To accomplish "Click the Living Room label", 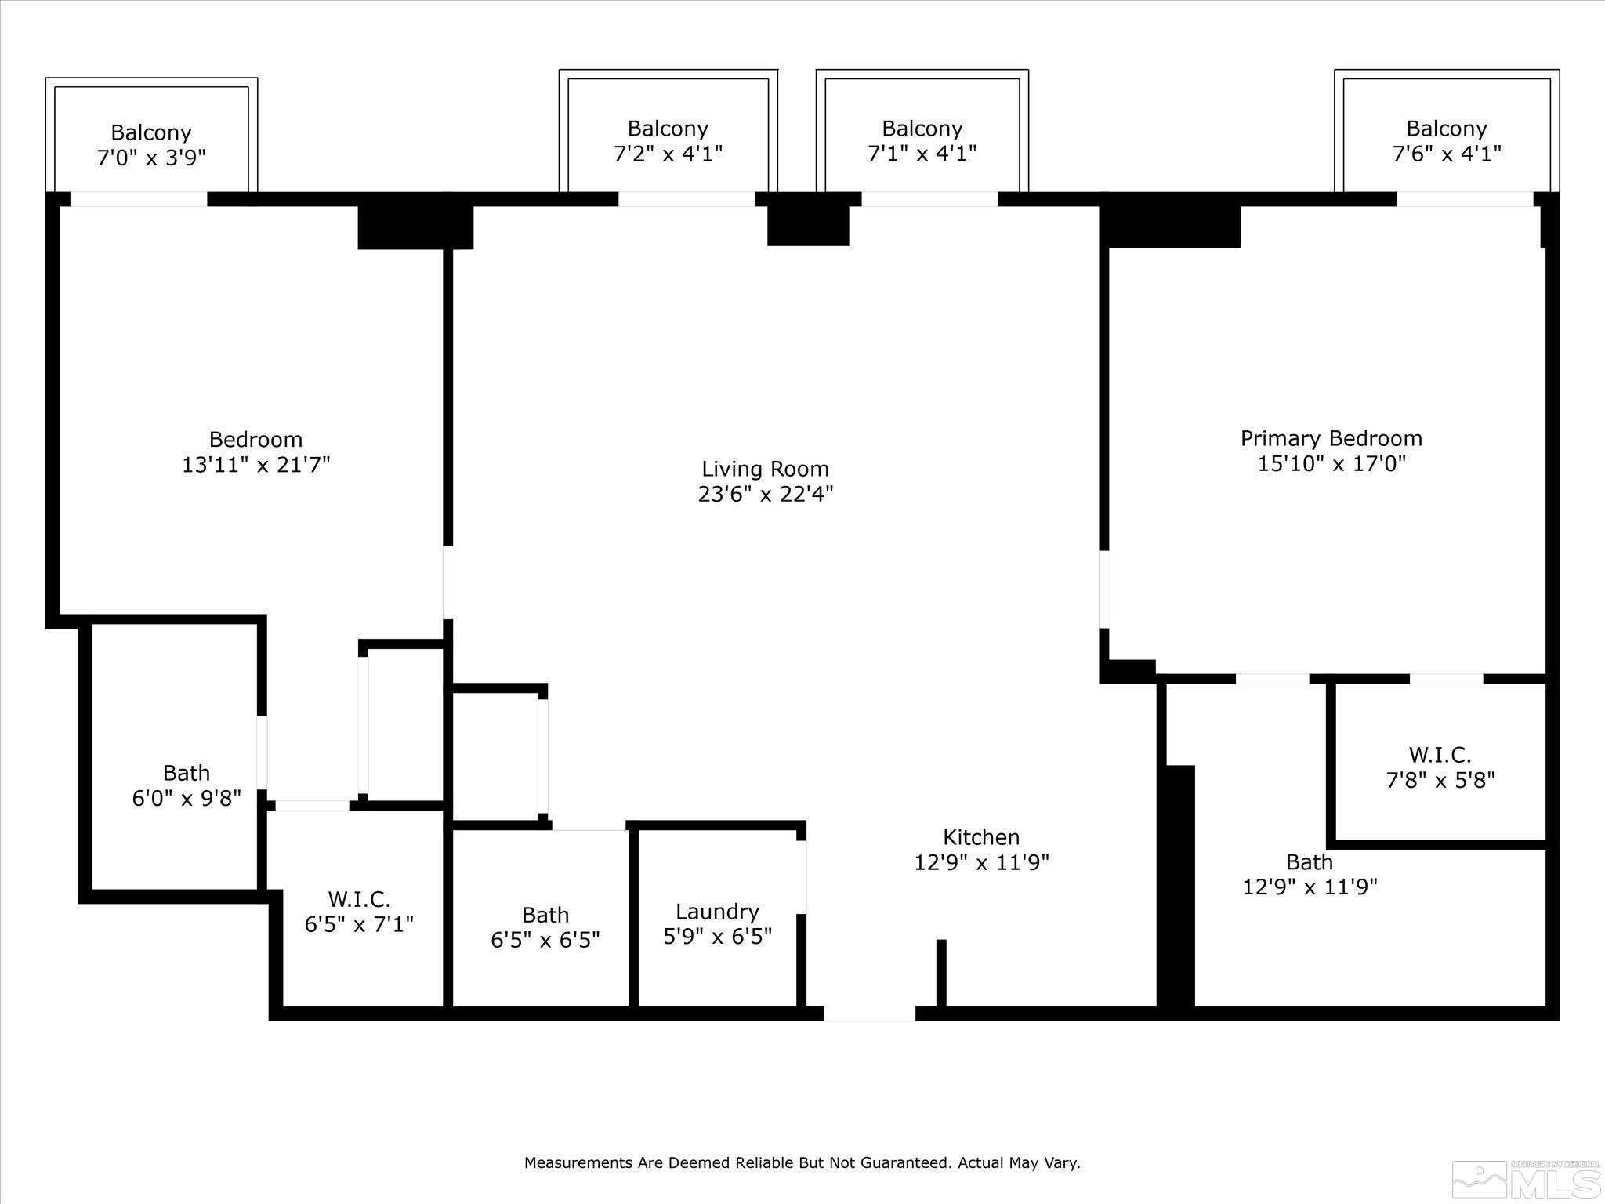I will [765, 469].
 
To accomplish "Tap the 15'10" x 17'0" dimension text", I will [1331, 463].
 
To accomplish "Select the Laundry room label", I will [717, 912].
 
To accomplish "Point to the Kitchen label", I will [981, 837].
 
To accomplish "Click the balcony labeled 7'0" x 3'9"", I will [151, 145].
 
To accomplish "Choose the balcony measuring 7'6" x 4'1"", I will [1447, 140].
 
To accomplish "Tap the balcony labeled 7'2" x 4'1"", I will [668, 140].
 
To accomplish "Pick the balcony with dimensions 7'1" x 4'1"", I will [922, 140].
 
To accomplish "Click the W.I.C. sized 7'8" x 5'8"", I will [1440, 767].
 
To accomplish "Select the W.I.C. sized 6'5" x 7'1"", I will [359, 912].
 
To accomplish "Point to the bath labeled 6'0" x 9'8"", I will [187, 785].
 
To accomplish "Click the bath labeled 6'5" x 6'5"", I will [545, 927].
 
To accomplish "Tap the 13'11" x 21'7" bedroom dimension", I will [255, 465].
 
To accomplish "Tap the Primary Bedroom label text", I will [1331, 438].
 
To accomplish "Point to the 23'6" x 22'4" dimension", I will [765, 494].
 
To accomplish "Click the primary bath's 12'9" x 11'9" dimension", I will [1310, 887].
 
